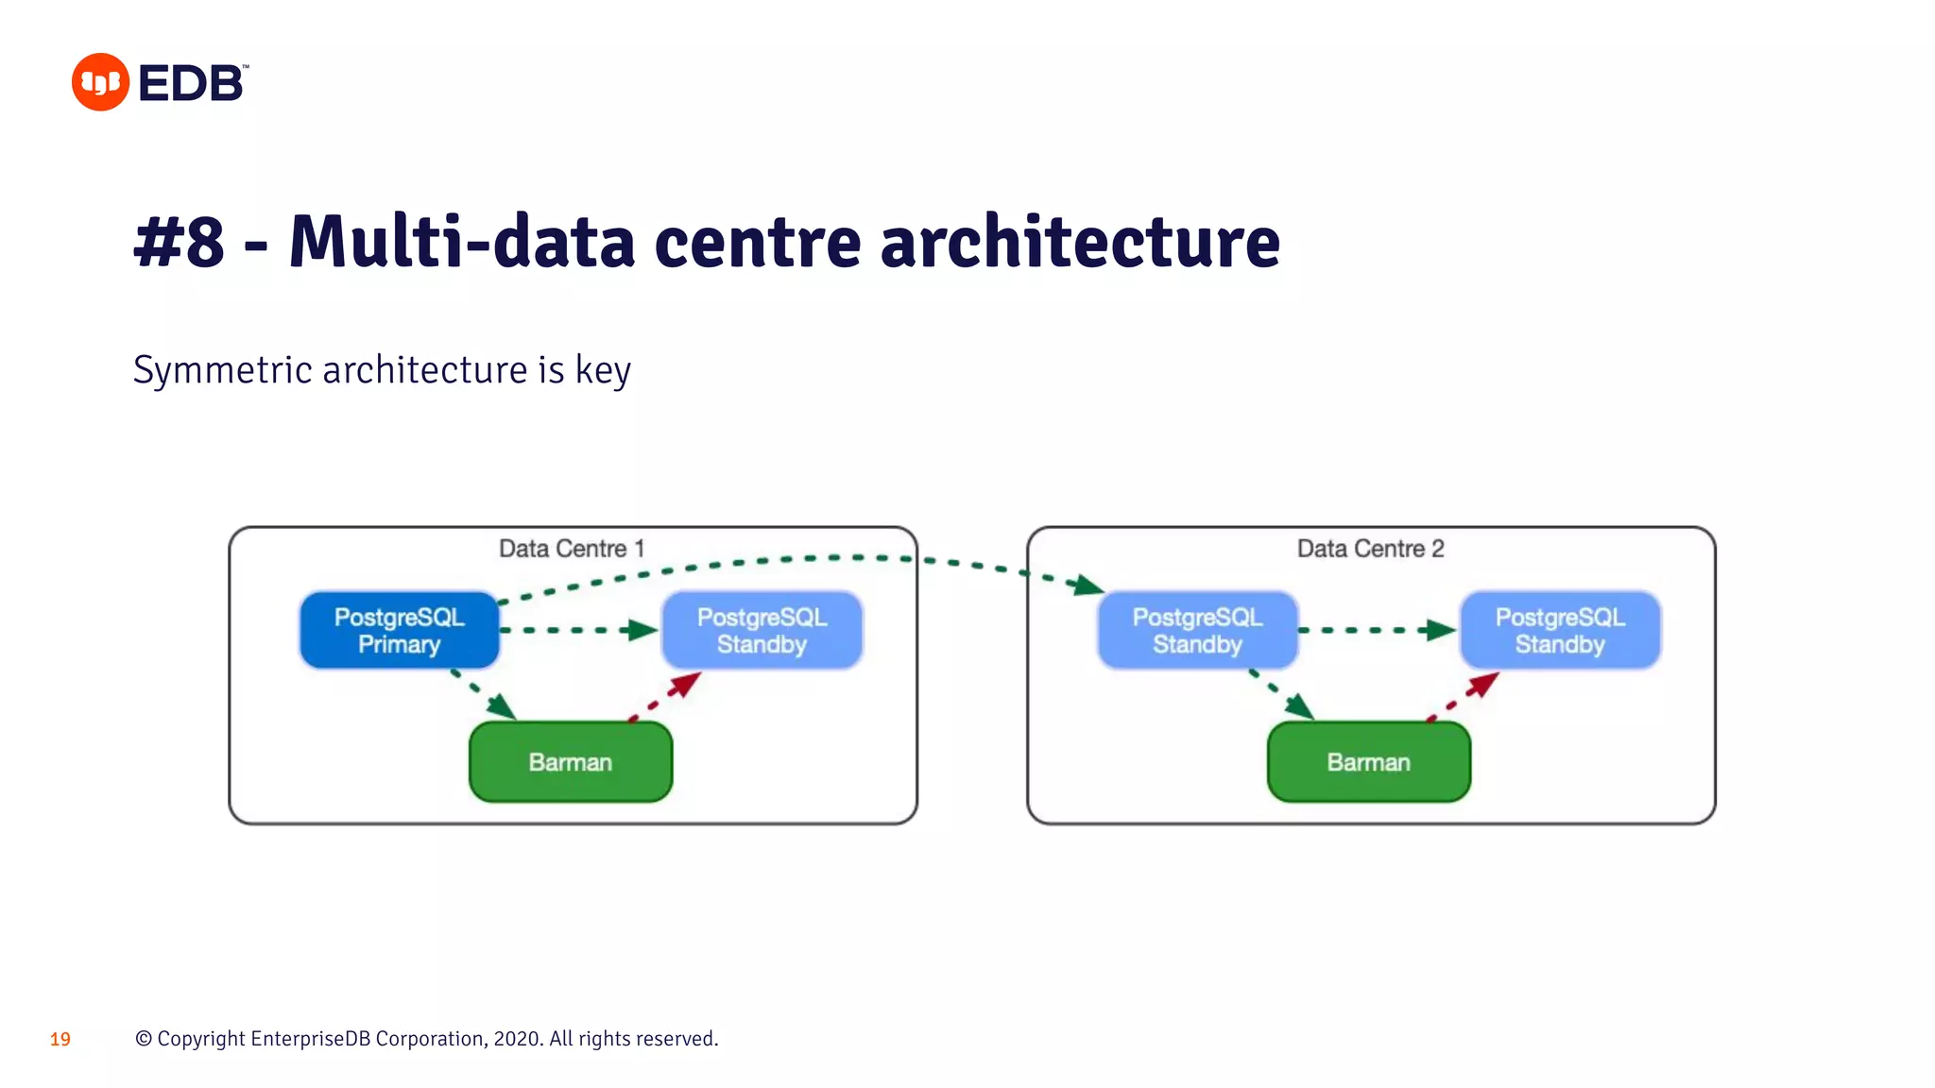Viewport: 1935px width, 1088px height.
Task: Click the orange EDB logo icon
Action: point(100,82)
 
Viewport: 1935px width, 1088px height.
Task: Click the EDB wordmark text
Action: point(192,83)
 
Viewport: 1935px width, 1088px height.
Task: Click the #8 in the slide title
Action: point(180,242)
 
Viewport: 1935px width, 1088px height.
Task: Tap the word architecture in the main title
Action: point(1080,242)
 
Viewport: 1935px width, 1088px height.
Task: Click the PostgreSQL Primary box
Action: point(399,630)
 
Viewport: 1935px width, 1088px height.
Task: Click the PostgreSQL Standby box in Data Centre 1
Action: point(762,630)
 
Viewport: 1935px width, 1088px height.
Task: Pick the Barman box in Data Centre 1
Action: point(571,762)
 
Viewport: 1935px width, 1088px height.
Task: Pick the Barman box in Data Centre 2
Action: point(1368,762)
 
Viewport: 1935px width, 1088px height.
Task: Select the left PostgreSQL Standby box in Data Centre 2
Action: point(1197,630)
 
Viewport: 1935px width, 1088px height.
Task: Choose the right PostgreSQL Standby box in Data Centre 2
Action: point(1559,630)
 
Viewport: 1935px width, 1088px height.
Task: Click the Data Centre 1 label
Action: point(572,549)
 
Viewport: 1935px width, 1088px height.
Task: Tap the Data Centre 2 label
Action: point(1370,549)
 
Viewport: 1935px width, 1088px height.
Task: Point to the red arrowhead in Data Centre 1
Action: point(687,683)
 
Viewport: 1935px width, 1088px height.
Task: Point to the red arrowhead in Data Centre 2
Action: point(1485,683)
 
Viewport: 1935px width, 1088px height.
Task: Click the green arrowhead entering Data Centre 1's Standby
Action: point(644,630)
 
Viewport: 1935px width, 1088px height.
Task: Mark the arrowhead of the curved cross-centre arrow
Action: point(1088,586)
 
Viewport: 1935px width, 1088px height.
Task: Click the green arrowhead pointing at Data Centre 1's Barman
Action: point(502,706)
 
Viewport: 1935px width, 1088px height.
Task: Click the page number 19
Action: point(60,1040)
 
